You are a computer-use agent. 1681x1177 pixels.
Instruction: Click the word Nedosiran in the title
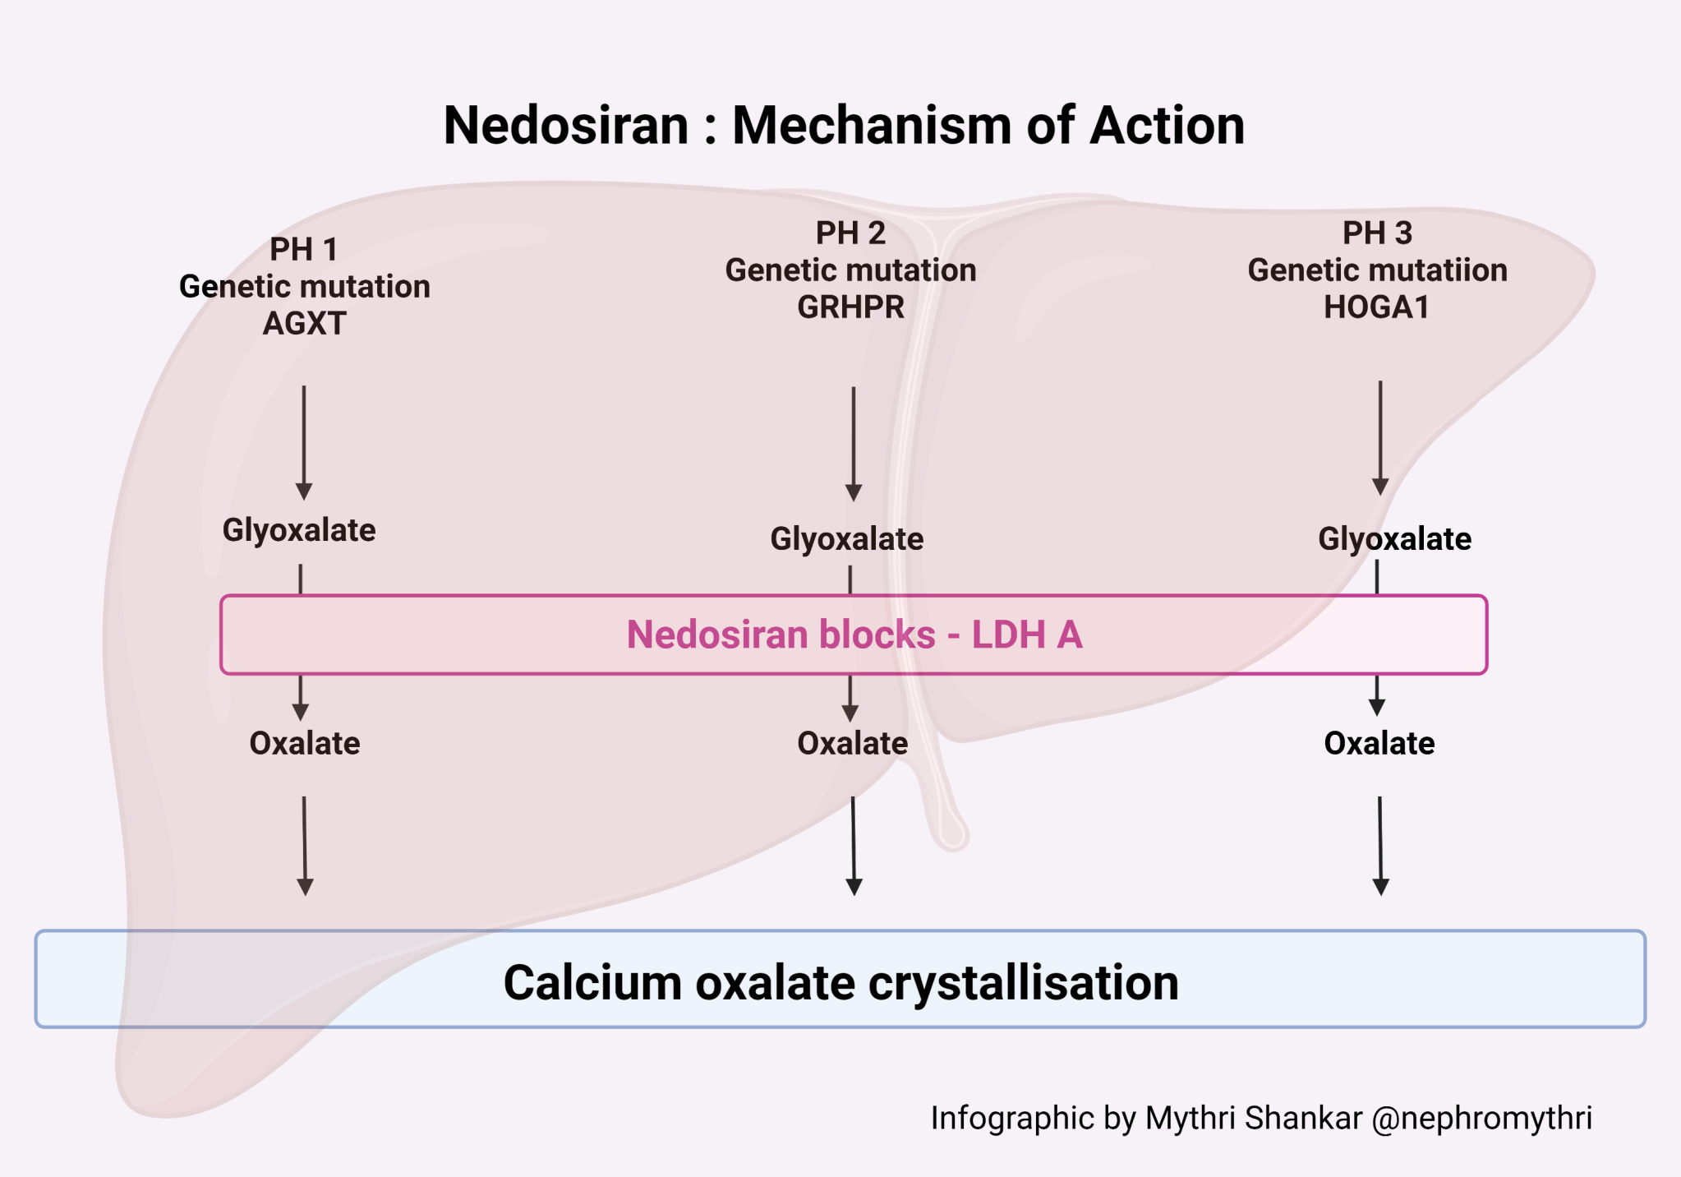click(566, 126)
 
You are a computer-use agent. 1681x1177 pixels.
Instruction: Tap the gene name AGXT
click(304, 324)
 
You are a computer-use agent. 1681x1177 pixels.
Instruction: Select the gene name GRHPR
click(850, 307)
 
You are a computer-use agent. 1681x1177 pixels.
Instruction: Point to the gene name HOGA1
click(1376, 307)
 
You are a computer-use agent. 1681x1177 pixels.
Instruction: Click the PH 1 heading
click(304, 250)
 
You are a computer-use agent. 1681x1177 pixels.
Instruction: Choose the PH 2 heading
click(850, 233)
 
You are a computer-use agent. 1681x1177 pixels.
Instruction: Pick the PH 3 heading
click(1377, 233)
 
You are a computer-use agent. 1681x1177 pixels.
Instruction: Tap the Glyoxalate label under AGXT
click(299, 531)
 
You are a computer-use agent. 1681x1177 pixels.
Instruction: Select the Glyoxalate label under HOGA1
click(1394, 540)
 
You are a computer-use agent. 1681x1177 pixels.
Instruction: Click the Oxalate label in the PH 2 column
click(853, 744)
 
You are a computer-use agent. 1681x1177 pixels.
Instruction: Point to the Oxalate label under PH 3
click(1379, 744)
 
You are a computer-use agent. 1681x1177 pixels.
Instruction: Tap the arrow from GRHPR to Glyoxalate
click(854, 443)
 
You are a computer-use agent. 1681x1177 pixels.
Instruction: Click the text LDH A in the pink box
click(1027, 635)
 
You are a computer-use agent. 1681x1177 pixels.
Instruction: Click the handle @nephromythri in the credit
click(1481, 1119)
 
